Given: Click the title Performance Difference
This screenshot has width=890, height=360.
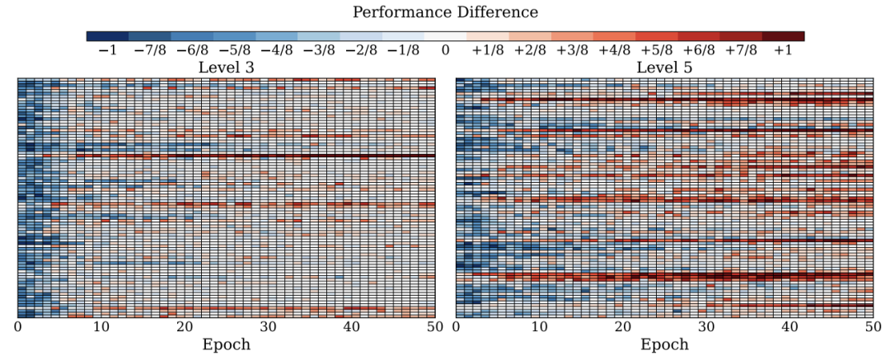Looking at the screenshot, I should [445, 12].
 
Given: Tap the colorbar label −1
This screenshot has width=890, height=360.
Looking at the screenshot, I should [107, 50].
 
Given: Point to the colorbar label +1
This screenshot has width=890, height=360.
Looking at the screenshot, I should [783, 50].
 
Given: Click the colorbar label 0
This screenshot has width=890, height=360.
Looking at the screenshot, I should [445, 50].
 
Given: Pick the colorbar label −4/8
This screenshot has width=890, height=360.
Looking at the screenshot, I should [276, 50].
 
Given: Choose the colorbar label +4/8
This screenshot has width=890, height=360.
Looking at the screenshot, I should [614, 50].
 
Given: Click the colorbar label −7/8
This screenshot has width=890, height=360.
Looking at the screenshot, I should [149, 50].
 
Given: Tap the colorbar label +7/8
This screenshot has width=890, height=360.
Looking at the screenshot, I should [741, 50].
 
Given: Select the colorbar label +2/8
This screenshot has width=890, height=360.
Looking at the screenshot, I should [530, 50].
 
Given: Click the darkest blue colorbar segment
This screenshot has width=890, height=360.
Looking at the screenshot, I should [107, 36].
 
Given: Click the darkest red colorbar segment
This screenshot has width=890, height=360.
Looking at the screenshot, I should [783, 36].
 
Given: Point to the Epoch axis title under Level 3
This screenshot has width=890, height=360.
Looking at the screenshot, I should [226, 345].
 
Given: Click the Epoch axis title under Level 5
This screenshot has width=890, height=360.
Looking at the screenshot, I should [664, 345].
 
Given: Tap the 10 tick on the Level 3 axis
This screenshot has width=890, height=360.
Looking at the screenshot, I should [101, 327].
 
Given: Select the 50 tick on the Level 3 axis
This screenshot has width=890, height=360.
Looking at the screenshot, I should [434, 327].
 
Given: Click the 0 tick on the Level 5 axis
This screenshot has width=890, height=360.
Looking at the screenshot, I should [456, 327].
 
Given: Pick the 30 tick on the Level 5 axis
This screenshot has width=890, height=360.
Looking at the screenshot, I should [706, 327].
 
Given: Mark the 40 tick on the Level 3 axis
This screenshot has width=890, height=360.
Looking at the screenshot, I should [351, 327].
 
